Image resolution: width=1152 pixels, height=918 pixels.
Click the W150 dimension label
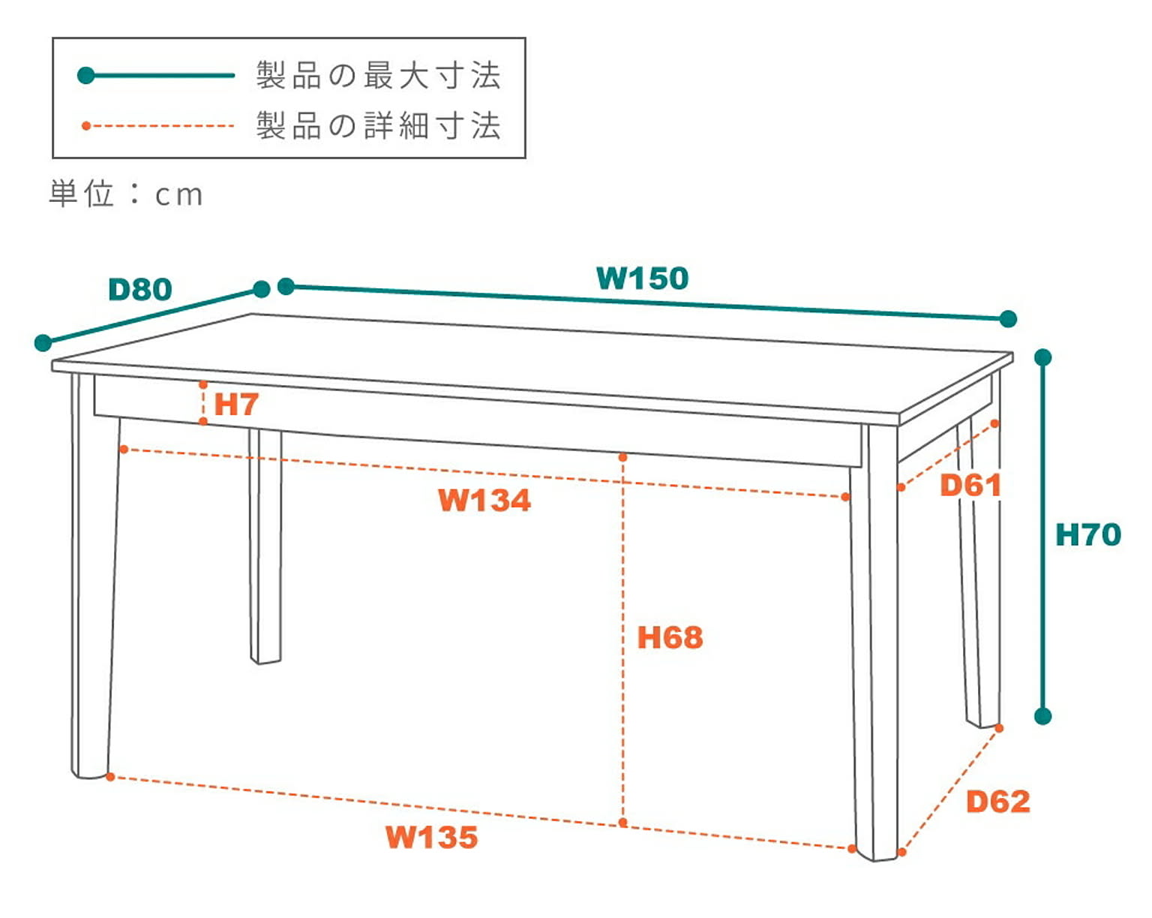coord(642,278)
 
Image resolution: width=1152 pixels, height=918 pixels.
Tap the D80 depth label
coord(140,289)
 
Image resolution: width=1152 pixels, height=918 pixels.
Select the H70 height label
coord(1087,535)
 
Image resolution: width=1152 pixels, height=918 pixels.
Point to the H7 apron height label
coord(236,405)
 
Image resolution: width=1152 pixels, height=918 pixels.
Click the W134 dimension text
coord(484,500)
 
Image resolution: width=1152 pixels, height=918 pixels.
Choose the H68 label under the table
coord(670,638)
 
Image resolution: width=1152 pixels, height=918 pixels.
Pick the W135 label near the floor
coord(431,837)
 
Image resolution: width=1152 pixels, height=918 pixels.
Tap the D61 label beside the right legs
coord(970,486)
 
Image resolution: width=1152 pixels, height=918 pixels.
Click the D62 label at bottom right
coord(997,802)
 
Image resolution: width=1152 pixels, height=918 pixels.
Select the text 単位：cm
coord(126,194)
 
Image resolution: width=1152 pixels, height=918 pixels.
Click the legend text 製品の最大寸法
coord(378,76)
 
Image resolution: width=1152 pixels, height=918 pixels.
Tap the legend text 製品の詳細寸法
coord(378,125)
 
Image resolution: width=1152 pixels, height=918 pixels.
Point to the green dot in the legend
coord(86,75)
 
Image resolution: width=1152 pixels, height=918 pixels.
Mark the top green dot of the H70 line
coord(1043,357)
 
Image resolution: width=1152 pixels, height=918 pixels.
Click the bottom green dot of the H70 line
coord(1043,716)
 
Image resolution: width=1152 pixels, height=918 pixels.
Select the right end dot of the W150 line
coord(1009,319)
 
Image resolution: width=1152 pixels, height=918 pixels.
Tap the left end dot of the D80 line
coord(43,343)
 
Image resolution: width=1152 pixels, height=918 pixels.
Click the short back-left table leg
coord(265,548)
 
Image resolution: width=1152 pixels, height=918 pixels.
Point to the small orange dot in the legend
coord(86,125)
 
